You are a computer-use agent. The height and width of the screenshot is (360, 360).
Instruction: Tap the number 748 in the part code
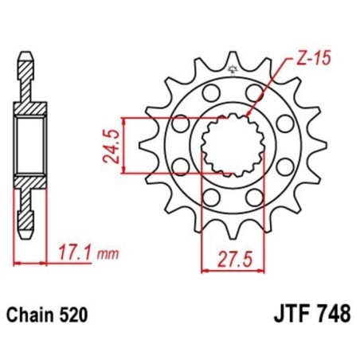(x=332, y=315)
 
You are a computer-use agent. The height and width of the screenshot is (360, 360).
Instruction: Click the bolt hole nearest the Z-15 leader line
(x=254, y=95)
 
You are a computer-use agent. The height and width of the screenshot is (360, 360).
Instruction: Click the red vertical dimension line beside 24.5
(x=127, y=145)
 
